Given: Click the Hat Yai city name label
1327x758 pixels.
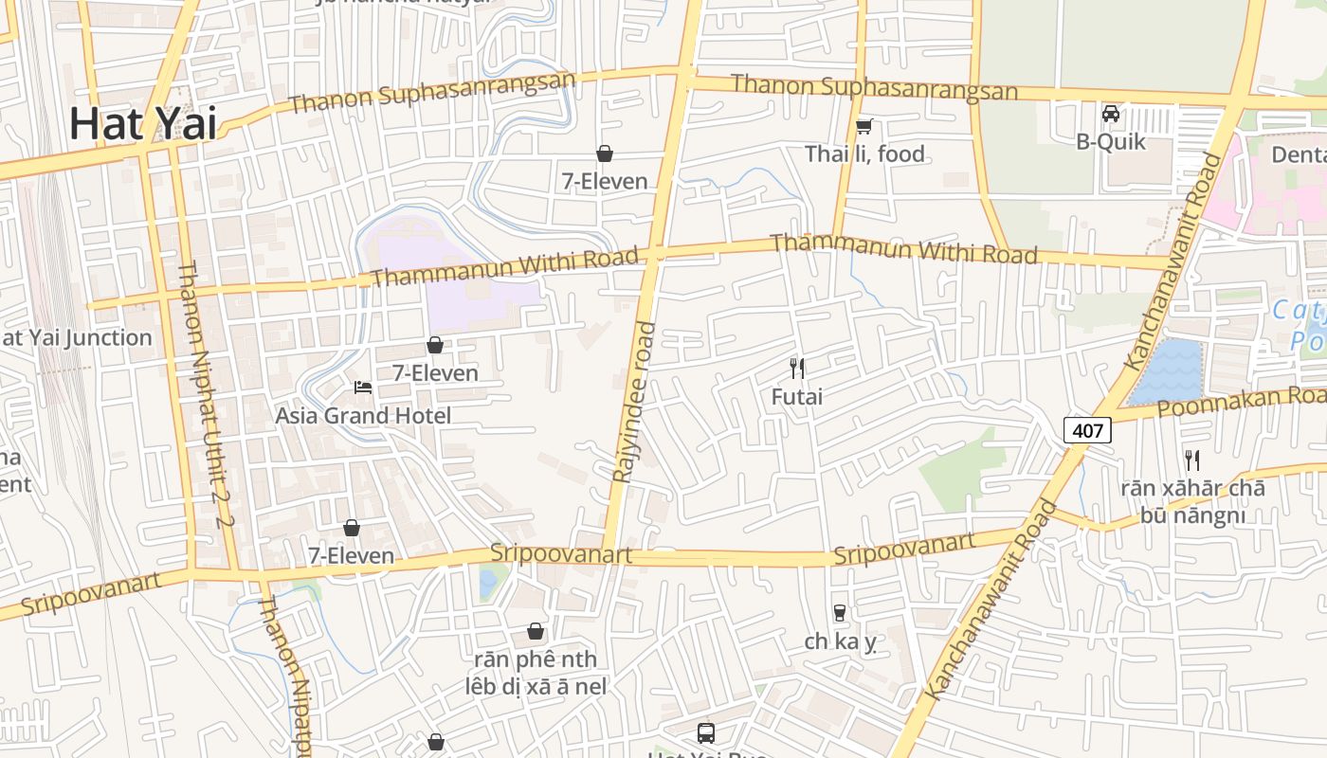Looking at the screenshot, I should click(142, 124).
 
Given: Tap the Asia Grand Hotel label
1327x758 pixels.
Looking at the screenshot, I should click(363, 415).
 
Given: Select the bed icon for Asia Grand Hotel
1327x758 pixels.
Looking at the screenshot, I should click(362, 387).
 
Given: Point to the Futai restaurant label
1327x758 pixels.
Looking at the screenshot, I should click(796, 396).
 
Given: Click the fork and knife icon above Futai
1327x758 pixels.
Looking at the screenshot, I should click(797, 368).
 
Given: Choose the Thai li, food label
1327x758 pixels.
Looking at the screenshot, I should click(864, 153).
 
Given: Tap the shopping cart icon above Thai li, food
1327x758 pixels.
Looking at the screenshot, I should click(863, 126).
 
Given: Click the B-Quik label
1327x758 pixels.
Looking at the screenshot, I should click(1111, 142).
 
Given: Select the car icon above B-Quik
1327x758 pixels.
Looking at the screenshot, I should click(1111, 115).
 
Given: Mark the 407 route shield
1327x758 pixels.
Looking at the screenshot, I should click(1087, 430).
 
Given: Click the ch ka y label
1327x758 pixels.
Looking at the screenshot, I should click(840, 641).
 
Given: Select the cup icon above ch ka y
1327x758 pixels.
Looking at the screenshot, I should click(839, 613).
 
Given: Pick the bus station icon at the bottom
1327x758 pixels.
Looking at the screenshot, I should click(706, 732).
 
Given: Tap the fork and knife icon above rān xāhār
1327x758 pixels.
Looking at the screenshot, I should click(1192, 460).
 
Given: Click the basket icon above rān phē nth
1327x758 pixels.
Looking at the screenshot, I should click(536, 631).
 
